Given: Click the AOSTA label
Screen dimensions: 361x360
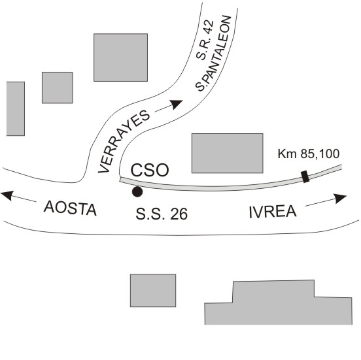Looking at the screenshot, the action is pyautogui.click(x=70, y=208).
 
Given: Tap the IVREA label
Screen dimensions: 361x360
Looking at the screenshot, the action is pyautogui.click(x=273, y=212).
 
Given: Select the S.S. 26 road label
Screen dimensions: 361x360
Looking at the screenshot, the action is pyautogui.click(x=162, y=214).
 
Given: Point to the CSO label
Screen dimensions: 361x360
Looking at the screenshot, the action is pyautogui.click(x=150, y=171).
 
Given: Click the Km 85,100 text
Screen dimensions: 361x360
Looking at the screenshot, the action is pyautogui.click(x=309, y=154).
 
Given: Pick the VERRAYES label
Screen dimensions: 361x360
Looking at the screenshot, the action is pyautogui.click(x=124, y=142).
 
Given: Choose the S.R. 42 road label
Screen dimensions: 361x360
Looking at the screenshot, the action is pyautogui.click(x=205, y=41).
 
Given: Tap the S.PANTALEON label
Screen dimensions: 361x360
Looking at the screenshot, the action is pyautogui.click(x=213, y=54).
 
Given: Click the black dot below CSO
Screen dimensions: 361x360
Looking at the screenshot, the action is pyautogui.click(x=137, y=191).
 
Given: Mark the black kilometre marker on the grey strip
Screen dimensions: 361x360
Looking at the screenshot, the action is pyautogui.click(x=305, y=176).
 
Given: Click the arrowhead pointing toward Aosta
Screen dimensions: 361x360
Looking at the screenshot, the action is pyautogui.click(x=7, y=195).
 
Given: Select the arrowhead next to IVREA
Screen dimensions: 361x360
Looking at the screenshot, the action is pyautogui.click(x=340, y=198).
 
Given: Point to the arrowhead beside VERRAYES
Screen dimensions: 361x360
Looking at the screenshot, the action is pyautogui.click(x=176, y=104).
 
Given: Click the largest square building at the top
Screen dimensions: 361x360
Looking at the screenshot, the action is pyautogui.click(x=120, y=57).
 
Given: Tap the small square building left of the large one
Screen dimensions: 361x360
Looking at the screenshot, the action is pyautogui.click(x=58, y=88).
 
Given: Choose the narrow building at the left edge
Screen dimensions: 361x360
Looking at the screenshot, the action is pyautogui.click(x=16, y=108).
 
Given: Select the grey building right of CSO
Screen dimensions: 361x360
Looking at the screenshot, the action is pyautogui.click(x=228, y=153).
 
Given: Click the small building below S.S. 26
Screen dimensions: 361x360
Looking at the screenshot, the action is pyautogui.click(x=153, y=291).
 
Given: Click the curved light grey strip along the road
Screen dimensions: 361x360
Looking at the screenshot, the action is pyautogui.click(x=218, y=188).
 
